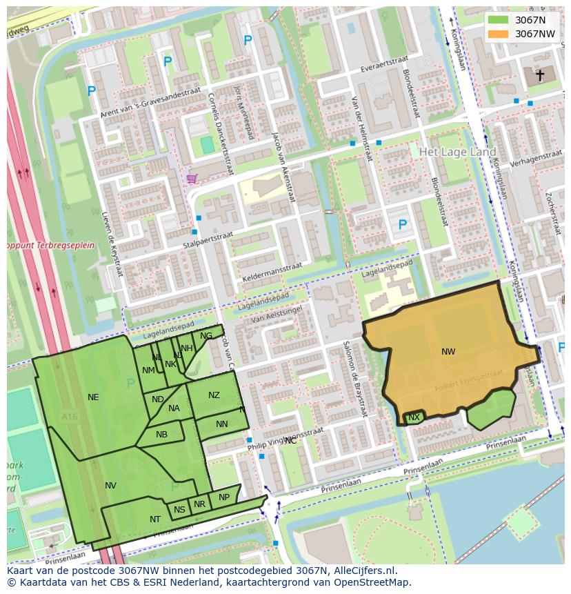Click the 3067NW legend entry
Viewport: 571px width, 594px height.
pyautogui.click(x=534, y=34)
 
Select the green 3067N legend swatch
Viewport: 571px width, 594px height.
pyautogui.click(x=498, y=21)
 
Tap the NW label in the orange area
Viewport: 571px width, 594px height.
pyautogui.click(x=448, y=352)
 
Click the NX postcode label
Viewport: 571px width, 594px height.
pyautogui.click(x=414, y=417)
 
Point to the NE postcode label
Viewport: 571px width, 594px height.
pyautogui.click(x=93, y=397)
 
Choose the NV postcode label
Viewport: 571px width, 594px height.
pyautogui.click(x=110, y=486)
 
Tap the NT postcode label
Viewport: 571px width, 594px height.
pyautogui.click(x=155, y=519)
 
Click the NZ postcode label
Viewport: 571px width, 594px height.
pyautogui.click(x=214, y=395)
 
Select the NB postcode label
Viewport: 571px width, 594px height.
pyautogui.click(x=161, y=435)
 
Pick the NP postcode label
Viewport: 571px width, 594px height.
pyautogui.click(x=223, y=497)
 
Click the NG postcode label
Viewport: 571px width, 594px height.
pyautogui.click(x=206, y=336)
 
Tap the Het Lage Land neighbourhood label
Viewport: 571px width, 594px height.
pyautogui.click(x=457, y=152)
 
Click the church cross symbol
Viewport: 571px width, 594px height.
pyautogui.click(x=540, y=75)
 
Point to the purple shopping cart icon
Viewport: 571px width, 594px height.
pyautogui.click(x=191, y=179)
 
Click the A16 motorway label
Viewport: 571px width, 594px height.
pyautogui.click(x=69, y=417)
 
